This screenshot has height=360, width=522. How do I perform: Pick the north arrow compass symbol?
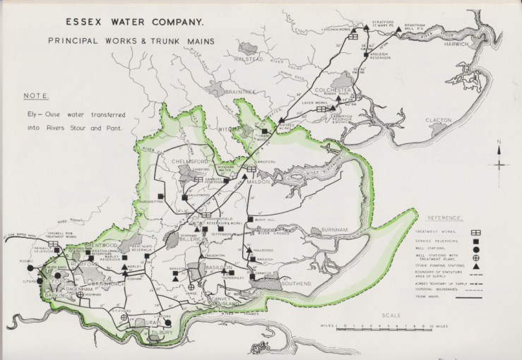click(x=499, y=164)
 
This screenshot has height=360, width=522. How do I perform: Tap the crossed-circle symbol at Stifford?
click(x=124, y=317)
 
